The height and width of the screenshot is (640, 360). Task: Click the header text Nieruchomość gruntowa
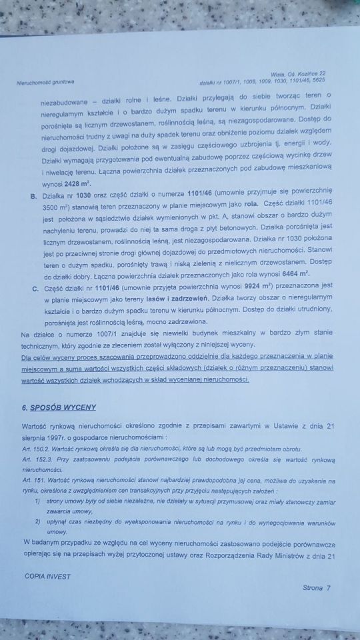point(45,83)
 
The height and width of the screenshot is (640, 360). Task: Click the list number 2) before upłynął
point(38,522)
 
